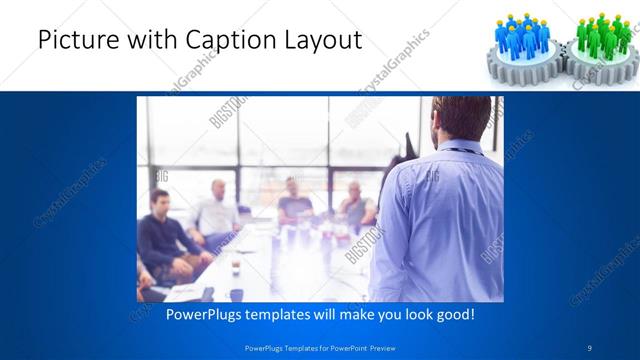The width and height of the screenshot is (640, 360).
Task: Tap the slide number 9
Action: point(590,347)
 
